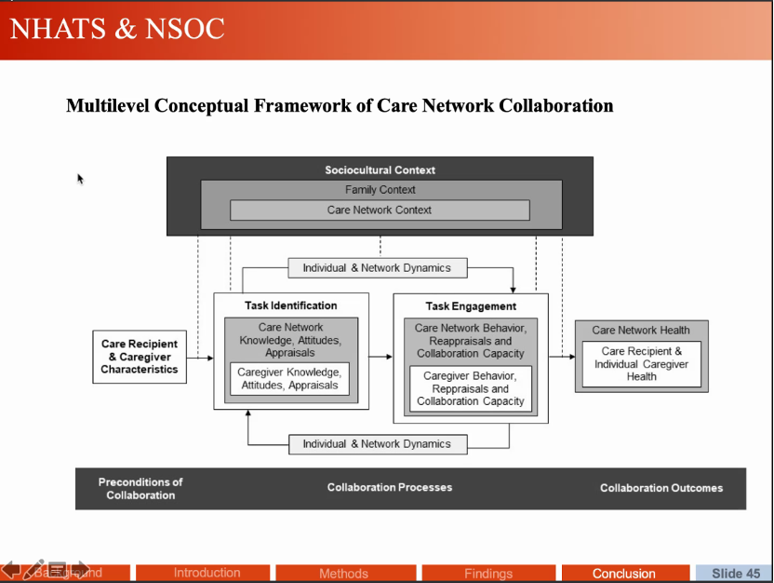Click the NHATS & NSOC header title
(x=117, y=29)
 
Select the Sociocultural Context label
(x=380, y=170)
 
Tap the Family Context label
(x=380, y=190)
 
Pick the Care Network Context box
(x=380, y=210)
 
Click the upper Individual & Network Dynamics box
(x=377, y=268)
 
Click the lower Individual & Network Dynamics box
(x=377, y=444)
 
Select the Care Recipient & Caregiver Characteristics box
(x=140, y=357)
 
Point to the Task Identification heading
(x=291, y=305)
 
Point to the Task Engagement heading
(x=471, y=306)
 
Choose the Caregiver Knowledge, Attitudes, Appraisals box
(x=289, y=379)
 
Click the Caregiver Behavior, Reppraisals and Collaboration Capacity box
(x=471, y=388)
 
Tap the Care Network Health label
(x=641, y=331)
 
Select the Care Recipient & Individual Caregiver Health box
(x=641, y=364)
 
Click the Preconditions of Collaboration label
(x=140, y=489)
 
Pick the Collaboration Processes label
(x=390, y=488)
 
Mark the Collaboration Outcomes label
(x=661, y=488)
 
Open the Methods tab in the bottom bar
(x=343, y=574)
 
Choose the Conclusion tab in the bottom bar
(x=624, y=574)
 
